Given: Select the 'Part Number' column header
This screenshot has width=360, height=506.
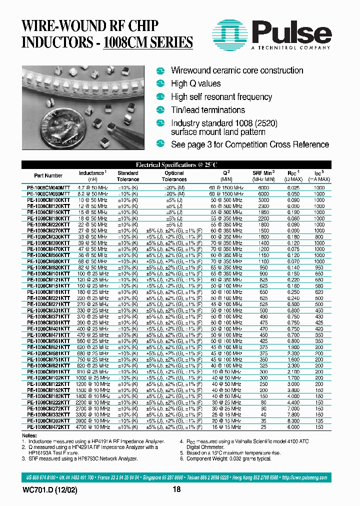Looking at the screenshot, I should pyautogui.click(x=48, y=175).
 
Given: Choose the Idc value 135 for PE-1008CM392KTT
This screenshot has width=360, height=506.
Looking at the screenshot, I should pyautogui.click(x=319, y=421).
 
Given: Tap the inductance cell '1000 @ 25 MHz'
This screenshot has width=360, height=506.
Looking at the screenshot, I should pyautogui.click(x=92, y=377).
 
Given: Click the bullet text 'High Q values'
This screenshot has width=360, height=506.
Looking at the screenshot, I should pyautogui.click(x=195, y=83).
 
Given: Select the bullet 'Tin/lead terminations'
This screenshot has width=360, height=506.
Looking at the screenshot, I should pyautogui.click(x=207, y=110).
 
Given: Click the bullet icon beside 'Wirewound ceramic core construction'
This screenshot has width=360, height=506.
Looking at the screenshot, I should pyautogui.click(x=160, y=70).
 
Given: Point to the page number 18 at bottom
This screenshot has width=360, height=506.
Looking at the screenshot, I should pyautogui.click(x=176, y=490).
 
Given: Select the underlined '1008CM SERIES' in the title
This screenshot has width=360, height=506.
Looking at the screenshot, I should pyautogui.click(x=147, y=41).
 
